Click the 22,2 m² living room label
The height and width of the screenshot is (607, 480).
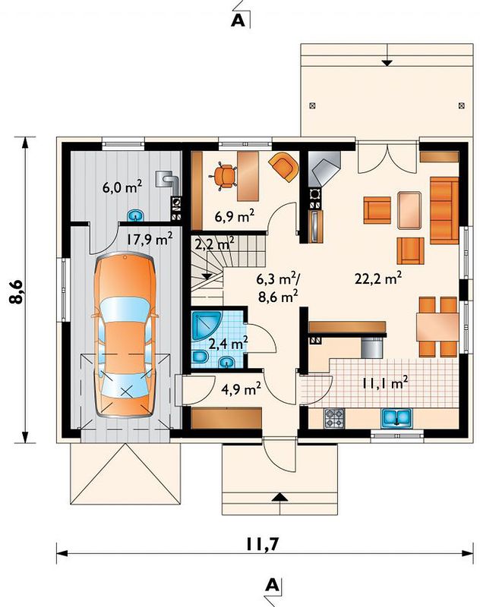(x=378, y=278)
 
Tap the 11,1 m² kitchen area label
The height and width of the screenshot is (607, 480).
(x=385, y=383)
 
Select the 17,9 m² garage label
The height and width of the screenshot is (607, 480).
(x=150, y=239)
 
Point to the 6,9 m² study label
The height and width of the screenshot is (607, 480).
(x=235, y=216)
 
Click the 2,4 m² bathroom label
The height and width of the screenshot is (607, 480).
(x=228, y=343)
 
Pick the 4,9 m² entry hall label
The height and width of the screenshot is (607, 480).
(x=241, y=388)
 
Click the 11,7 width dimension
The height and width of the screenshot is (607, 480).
(x=262, y=544)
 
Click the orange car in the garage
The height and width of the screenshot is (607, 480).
(x=125, y=334)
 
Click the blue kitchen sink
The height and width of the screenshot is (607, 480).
(x=396, y=417)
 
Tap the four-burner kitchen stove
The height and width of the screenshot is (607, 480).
(x=334, y=418)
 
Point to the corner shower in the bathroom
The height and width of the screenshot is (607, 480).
(x=206, y=326)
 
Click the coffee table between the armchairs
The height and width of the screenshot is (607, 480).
(x=409, y=210)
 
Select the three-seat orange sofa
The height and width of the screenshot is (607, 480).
(x=444, y=210)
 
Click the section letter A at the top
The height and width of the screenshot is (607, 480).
(x=238, y=20)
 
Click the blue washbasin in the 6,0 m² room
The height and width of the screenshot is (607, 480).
(x=135, y=215)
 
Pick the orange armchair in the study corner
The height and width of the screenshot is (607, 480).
(x=285, y=166)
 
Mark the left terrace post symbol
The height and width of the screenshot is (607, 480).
(x=313, y=105)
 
